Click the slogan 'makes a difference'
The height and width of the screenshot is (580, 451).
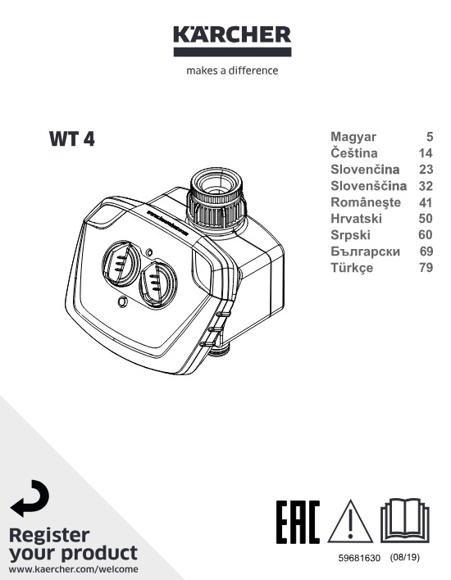click(232, 70)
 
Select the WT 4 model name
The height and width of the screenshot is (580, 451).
click(72, 139)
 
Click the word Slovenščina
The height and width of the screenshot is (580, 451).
click(368, 185)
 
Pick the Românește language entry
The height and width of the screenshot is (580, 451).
click(366, 202)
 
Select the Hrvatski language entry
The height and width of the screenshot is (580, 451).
click(356, 218)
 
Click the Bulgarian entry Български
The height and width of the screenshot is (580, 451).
click(365, 251)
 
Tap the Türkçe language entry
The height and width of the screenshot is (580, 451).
click(352, 267)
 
